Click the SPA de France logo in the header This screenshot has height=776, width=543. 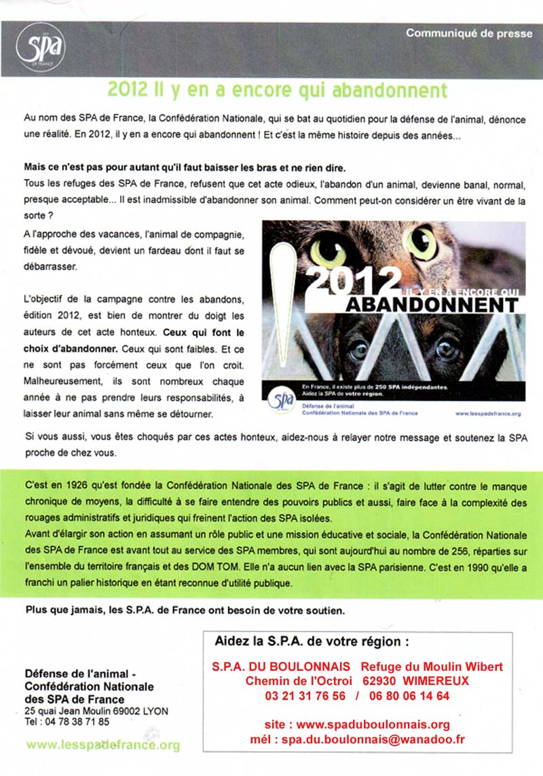tap(40, 47)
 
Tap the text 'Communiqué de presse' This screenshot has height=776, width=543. tap(469, 33)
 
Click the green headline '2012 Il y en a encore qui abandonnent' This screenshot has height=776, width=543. tap(278, 90)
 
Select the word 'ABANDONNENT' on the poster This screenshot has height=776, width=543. tap(432, 304)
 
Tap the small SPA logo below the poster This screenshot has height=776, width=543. tap(280, 400)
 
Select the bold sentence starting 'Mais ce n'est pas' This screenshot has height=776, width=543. tap(175, 168)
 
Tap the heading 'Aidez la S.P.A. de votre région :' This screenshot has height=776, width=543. tap(312, 641)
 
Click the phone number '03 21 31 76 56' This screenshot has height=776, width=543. tap(305, 695)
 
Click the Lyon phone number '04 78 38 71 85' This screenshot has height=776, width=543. tap(76, 722)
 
